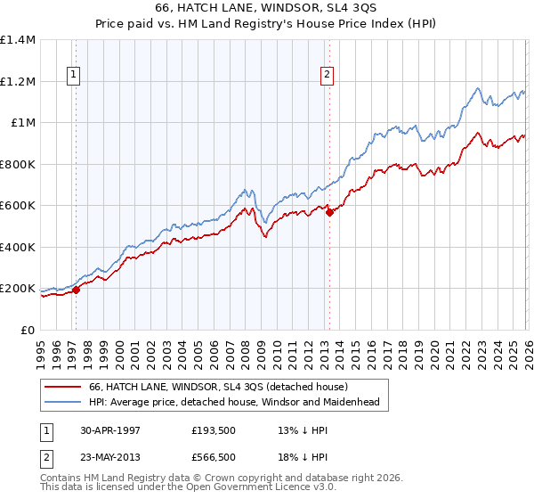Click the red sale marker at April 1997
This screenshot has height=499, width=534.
coord(77,290)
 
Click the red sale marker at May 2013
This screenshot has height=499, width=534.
coord(328,212)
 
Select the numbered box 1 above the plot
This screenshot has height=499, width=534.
coord(72,76)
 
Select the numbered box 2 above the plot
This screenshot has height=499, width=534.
coord(328,76)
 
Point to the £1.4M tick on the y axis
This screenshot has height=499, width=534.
coord(18,40)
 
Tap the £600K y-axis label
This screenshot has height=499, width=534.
coord(18,206)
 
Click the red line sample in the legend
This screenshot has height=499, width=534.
coord(62,387)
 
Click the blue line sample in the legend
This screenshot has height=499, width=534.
coord(62,403)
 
